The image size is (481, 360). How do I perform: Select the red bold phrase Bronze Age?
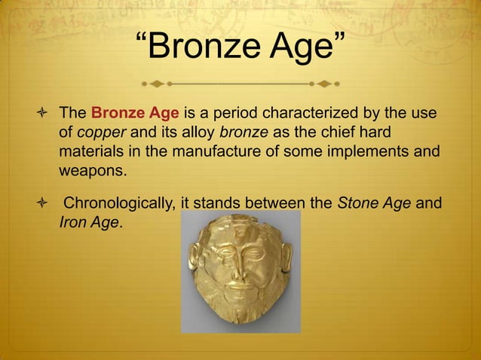134,114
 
